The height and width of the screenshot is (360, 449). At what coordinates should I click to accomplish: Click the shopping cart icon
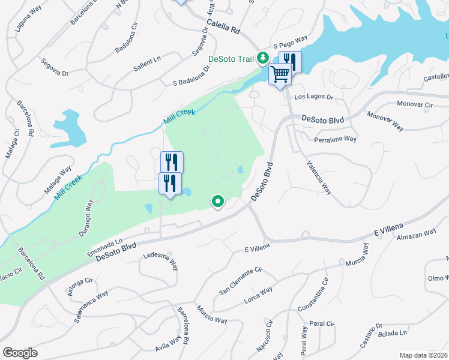click(x=280, y=74)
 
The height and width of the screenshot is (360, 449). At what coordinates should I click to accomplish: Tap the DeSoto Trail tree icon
click(x=262, y=58)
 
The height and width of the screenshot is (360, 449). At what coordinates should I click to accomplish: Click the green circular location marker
click(x=217, y=202)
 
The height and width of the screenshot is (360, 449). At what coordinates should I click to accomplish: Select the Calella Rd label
click(x=223, y=27)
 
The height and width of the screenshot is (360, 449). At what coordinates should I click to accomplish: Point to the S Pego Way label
click(x=290, y=41)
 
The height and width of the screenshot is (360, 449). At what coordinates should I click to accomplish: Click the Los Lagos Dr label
click(x=313, y=97)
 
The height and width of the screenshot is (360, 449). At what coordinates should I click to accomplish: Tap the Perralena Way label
click(x=336, y=139)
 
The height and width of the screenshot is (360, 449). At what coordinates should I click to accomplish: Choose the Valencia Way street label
click(x=319, y=178)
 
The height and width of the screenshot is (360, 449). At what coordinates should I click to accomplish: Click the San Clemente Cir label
click(x=240, y=281)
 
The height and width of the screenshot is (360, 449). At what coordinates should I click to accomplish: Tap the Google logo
click(x=20, y=353)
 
